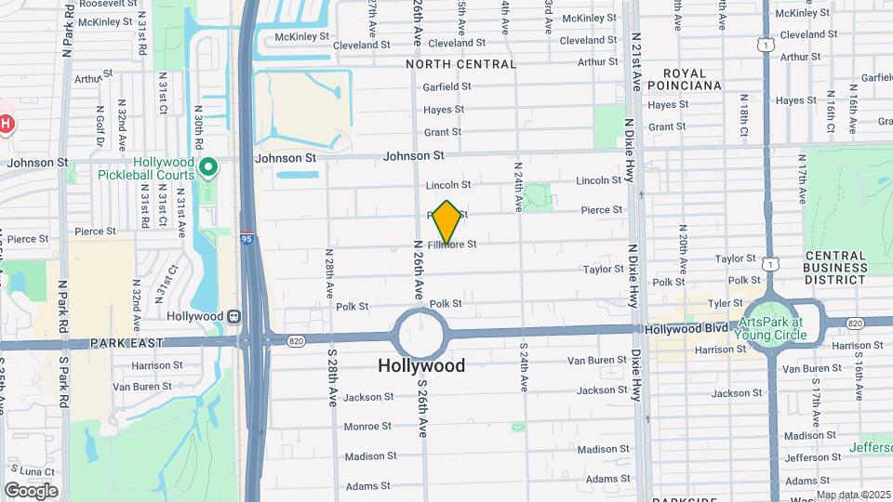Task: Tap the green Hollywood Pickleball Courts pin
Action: [209, 168]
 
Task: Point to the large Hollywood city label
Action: [421, 365]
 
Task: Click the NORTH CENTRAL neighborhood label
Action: [460, 64]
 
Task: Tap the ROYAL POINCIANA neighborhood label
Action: [691, 78]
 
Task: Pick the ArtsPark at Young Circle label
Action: [768, 322]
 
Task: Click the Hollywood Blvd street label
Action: [685, 329]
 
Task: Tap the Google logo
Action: [31, 490]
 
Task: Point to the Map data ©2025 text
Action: [854, 495]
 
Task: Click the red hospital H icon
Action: [6, 123]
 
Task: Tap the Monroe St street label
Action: [367, 427]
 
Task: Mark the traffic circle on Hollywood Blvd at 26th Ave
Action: [421, 334]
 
